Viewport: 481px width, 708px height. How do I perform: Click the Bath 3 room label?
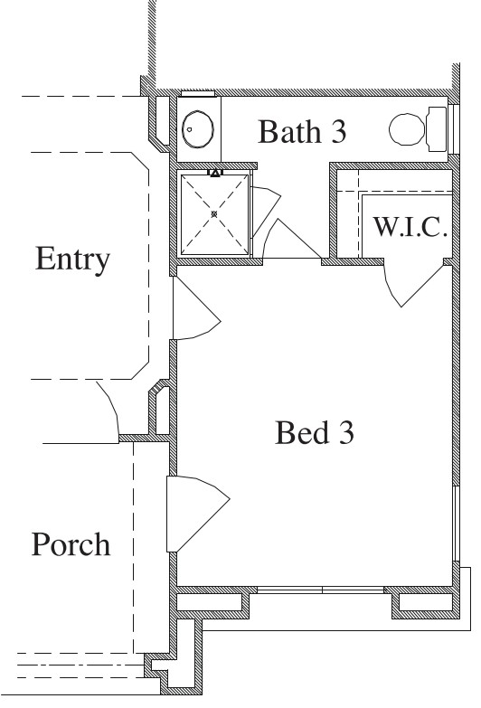[302, 132]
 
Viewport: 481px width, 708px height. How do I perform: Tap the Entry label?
[72, 260]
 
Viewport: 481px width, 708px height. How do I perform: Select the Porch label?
[71, 545]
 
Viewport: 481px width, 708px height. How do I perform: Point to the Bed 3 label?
[315, 434]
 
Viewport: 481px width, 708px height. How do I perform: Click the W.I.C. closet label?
[410, 226]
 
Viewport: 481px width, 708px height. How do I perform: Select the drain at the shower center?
[214, 213]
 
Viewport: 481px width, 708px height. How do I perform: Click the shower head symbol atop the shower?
[215, 171]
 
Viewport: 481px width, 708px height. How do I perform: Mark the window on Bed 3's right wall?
[453, 530]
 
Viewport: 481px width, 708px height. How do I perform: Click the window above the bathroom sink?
[196, 93]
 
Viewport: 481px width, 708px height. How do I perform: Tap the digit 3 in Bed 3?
[344, 434]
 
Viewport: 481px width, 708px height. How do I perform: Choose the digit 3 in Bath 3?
[336, 132]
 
